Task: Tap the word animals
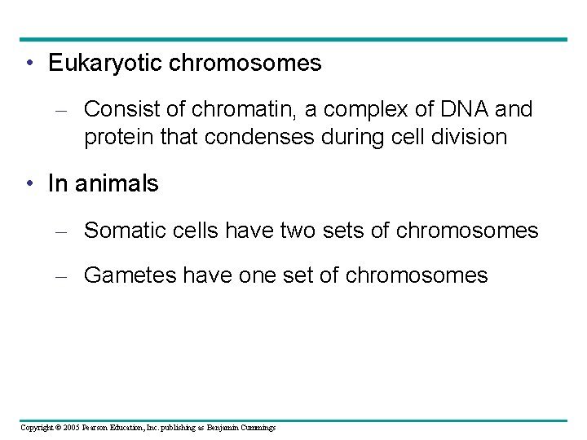(x=115, y=184)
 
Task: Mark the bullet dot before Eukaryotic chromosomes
(x=29, y=64)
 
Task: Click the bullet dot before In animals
(x=29, y=184)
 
